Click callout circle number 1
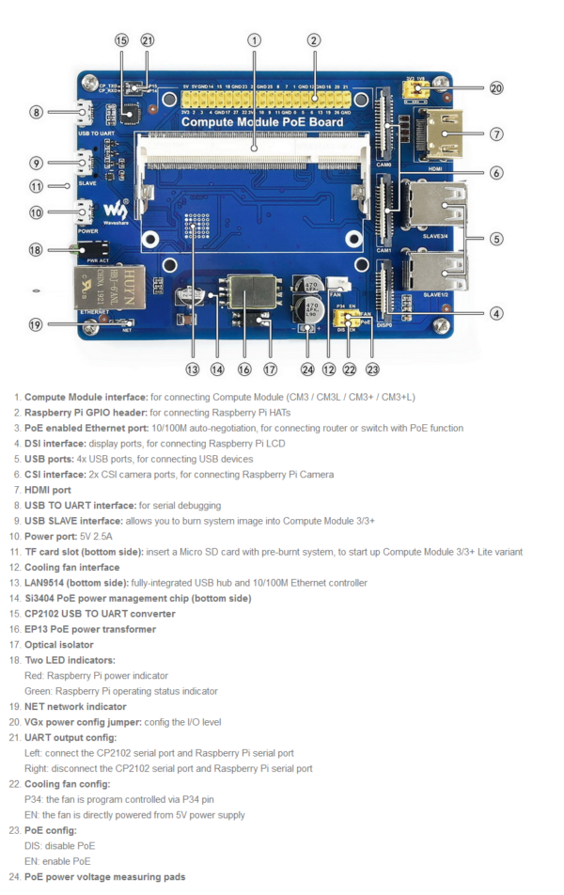tap(254, 39)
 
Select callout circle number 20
tap(495, 88)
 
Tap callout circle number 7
tap(495, 133)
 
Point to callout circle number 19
tap(35, 325)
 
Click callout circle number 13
tap(192, 369)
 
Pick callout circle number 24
tap(305, 369)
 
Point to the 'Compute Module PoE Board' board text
tap(262, 121)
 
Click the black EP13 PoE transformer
tap(251, 296)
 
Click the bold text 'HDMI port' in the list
tap(47, 490)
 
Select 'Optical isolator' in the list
tap(58, 645)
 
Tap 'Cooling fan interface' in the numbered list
tap(71, 567)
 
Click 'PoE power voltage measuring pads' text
tap(104, 877)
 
